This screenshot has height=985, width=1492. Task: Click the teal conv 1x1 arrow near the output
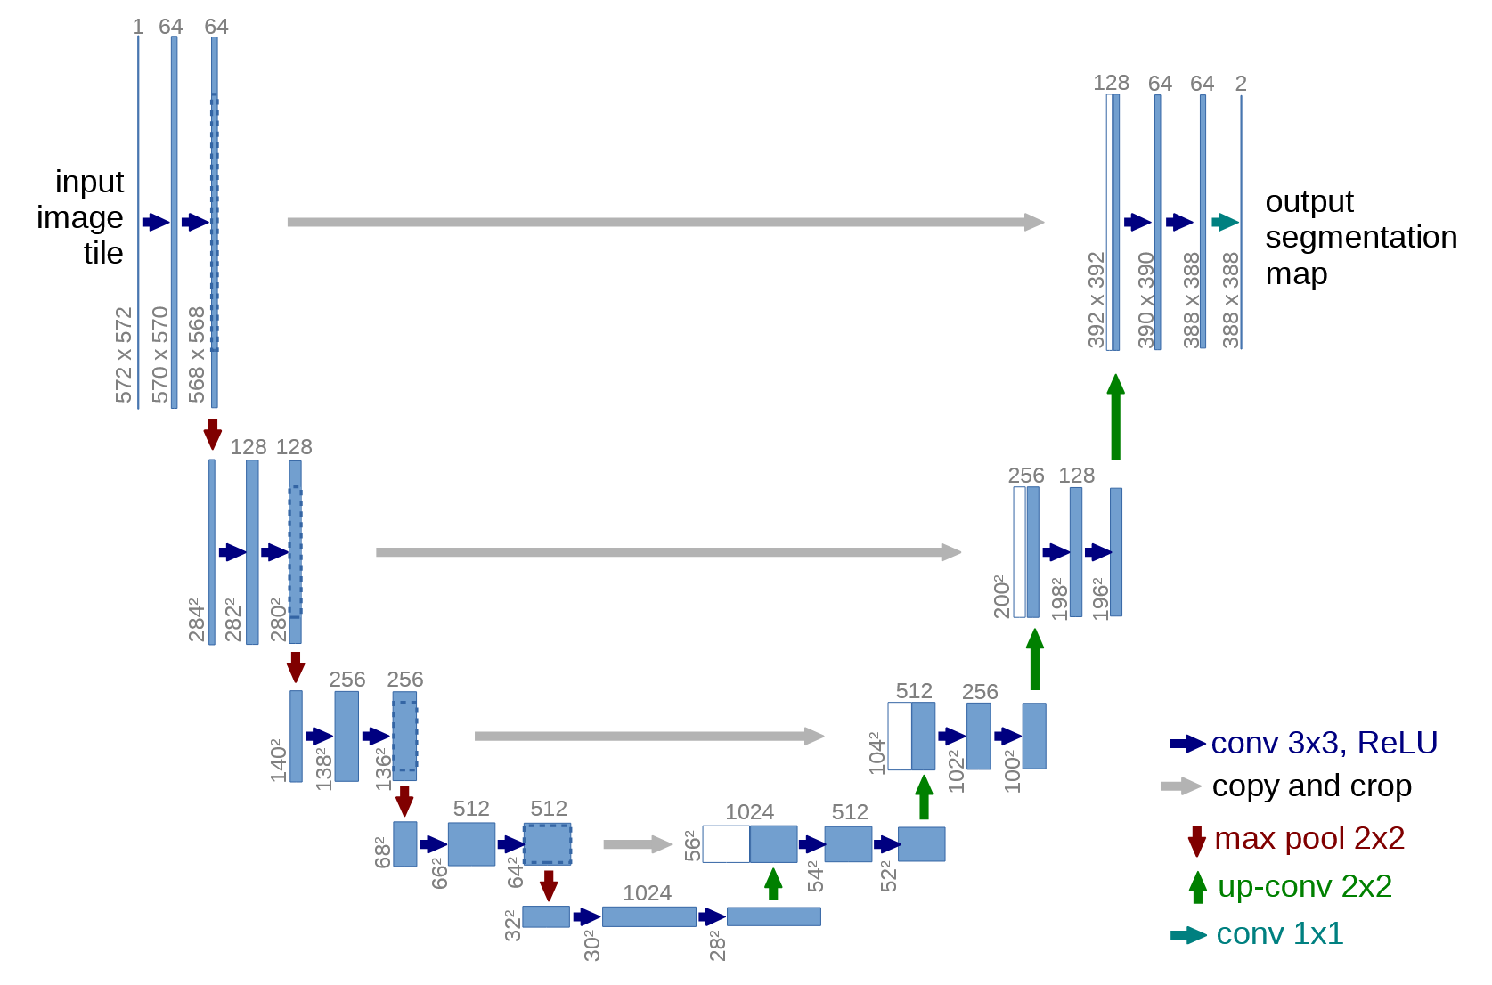[1225, 222]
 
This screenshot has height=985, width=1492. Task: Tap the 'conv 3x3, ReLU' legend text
[1324, 743]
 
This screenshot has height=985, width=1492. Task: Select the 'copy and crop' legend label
[1311, 786]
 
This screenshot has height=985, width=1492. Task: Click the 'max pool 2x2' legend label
[1309, 838]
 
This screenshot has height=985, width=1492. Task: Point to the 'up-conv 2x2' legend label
[1304, 886]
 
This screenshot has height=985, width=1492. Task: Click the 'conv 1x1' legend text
[1279, 933]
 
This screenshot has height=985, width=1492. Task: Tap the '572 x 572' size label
[124, 354]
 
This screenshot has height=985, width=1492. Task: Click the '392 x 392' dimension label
[1097, 299]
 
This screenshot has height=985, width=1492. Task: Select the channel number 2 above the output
[1241, 84]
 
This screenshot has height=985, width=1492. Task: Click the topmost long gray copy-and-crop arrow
[664, 222]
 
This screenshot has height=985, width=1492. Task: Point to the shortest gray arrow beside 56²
[637, 844]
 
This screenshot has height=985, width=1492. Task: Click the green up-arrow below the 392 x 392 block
[1115, 417]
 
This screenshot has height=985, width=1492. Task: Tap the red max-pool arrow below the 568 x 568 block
[212, 434]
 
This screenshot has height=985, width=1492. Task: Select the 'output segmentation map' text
[1360, 238]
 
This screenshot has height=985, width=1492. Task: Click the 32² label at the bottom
[512, 925]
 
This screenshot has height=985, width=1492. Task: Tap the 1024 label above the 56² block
[749, 812]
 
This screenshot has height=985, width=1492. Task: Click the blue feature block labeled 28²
[773, 916]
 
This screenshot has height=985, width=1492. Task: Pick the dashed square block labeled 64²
[547, 844]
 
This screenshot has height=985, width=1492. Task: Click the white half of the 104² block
[900, 737]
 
